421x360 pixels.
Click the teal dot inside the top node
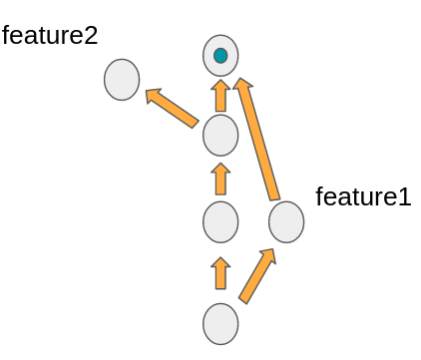220,56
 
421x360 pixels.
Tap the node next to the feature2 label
122,80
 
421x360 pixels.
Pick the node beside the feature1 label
286,221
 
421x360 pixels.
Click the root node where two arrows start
220,324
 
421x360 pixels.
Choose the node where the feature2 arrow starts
220,135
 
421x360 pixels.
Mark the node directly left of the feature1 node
220,221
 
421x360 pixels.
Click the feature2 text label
50,36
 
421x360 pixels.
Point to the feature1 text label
363,196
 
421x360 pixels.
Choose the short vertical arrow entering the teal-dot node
220,96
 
